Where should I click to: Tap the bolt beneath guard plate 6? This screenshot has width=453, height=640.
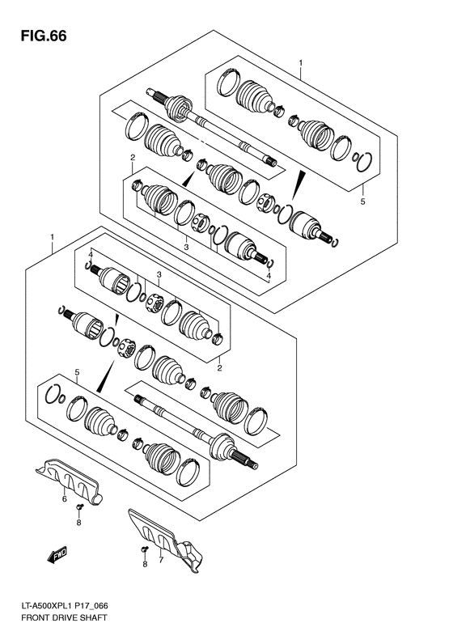click(x=80, y=507)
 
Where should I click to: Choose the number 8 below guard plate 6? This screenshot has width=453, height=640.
click(x=80, y=523)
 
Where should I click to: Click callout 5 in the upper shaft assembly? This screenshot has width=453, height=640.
click(x=362, y=201)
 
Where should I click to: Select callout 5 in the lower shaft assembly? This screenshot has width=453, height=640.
click(x=77, y=372)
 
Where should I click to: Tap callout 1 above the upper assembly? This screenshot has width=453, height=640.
click(x=300, y=62)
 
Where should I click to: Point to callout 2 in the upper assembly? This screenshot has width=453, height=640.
click(x=131, y=157)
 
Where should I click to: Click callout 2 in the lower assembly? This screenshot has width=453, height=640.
click(x=219, y=367)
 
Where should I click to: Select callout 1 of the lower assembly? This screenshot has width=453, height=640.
click(x=53, y=237)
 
